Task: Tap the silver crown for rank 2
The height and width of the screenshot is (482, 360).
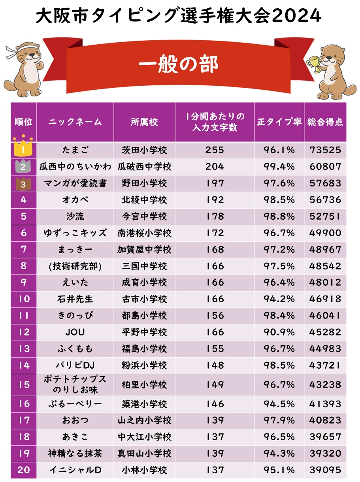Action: click(x=23, y=166)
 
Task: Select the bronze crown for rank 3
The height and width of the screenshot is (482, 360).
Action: click(x=23, y=183)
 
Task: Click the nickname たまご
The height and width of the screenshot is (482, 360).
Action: click(x=75, y=150)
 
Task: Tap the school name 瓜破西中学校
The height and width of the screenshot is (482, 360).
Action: click(x=145, y=167)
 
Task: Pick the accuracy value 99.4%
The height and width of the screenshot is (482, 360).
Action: click(x=279, y=167)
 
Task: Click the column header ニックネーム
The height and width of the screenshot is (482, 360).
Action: click(x=75, y=122)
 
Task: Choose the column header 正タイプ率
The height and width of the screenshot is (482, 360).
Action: click(x=279, y=122)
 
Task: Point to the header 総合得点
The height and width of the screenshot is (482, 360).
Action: click(x=325, y=122)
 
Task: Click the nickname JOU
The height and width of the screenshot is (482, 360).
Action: click(x=75, y=332)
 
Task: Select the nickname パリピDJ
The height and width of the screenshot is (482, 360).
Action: click(x=75, y=365)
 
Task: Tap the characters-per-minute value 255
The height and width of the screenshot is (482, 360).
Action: click(x=215, y=150)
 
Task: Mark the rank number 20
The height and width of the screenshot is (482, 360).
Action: click(x=24, y=470)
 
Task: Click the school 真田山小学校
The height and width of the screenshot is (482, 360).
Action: click(x=145, y=454)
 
